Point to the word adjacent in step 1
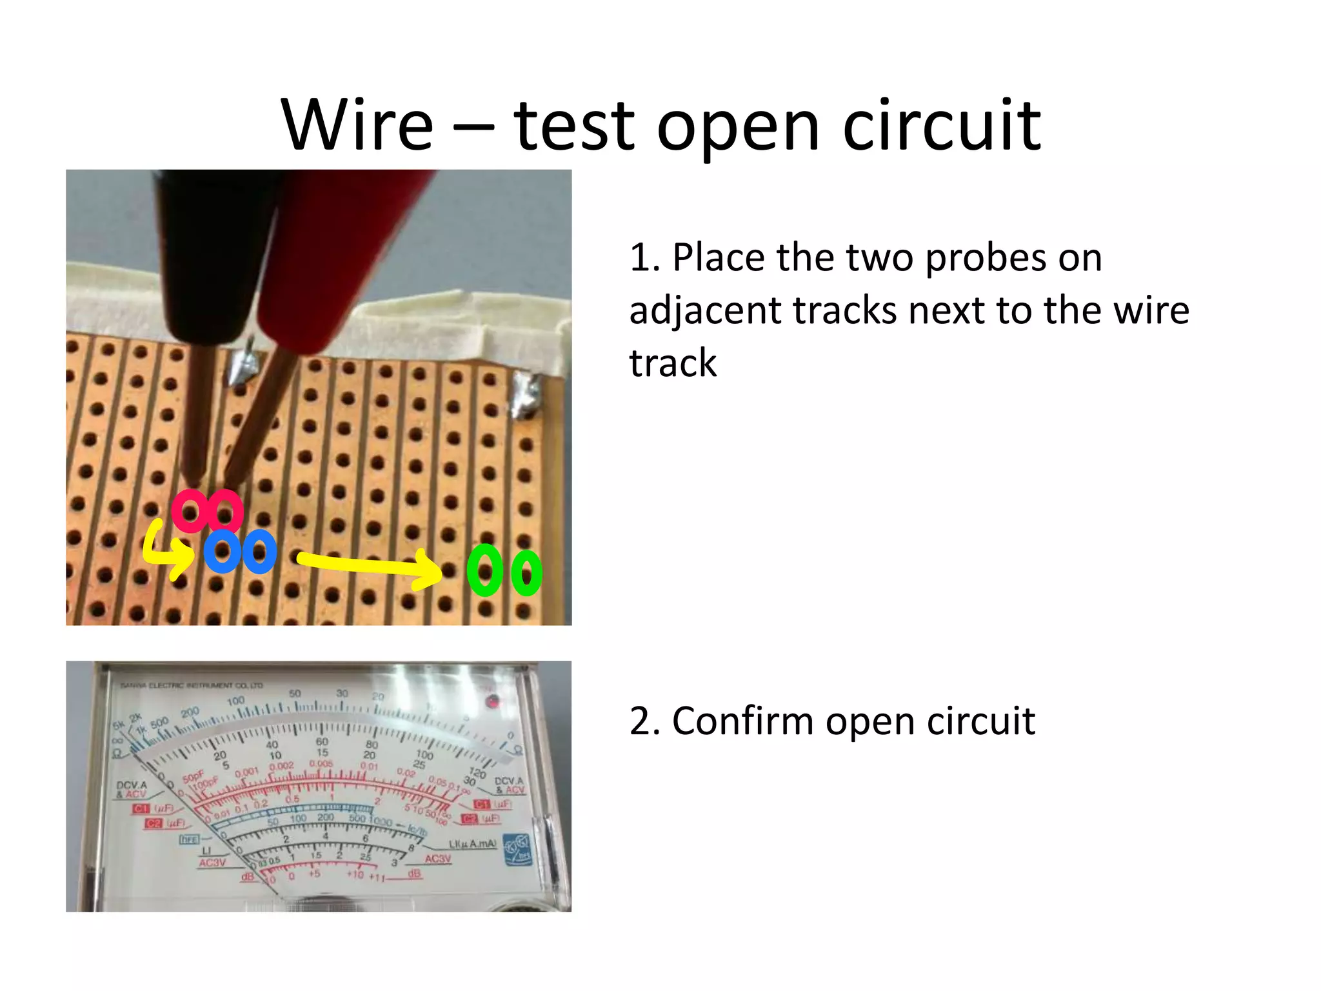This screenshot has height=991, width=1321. (705, 311)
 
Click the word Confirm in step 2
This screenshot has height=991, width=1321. (742, 721)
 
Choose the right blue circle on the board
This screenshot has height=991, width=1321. (259, 552)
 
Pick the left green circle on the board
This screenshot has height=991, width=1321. (485, 570)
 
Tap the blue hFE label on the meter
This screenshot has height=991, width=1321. (188, 839)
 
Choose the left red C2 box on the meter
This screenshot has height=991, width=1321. (154, 823)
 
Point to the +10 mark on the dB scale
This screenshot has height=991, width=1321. (355, 875)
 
